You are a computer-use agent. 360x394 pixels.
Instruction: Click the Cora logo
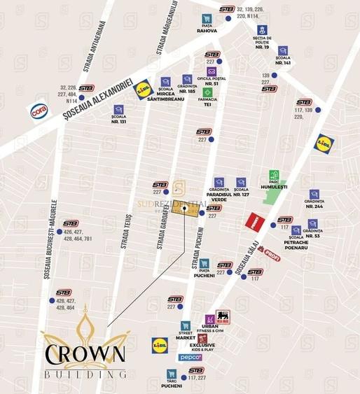pyautogui.click(x=39, y=111)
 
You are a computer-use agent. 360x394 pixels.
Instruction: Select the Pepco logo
pyautogui.click(x=189, y=358)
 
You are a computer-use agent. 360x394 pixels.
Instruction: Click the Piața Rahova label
pyautogui.click(x=207, y=31)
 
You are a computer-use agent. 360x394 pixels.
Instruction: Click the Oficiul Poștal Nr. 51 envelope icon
pyautogui.click(x=211, y=71)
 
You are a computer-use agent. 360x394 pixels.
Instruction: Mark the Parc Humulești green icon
pyautogui.click(x=275, y=175)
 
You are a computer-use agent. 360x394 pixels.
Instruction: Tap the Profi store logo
pyautogui.click(x=271, y=258)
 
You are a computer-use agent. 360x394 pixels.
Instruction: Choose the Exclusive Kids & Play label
pyautogui.click(x=202, y=348)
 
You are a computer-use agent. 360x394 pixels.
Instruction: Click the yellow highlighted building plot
pyautogui.click(x=184, y=211)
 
